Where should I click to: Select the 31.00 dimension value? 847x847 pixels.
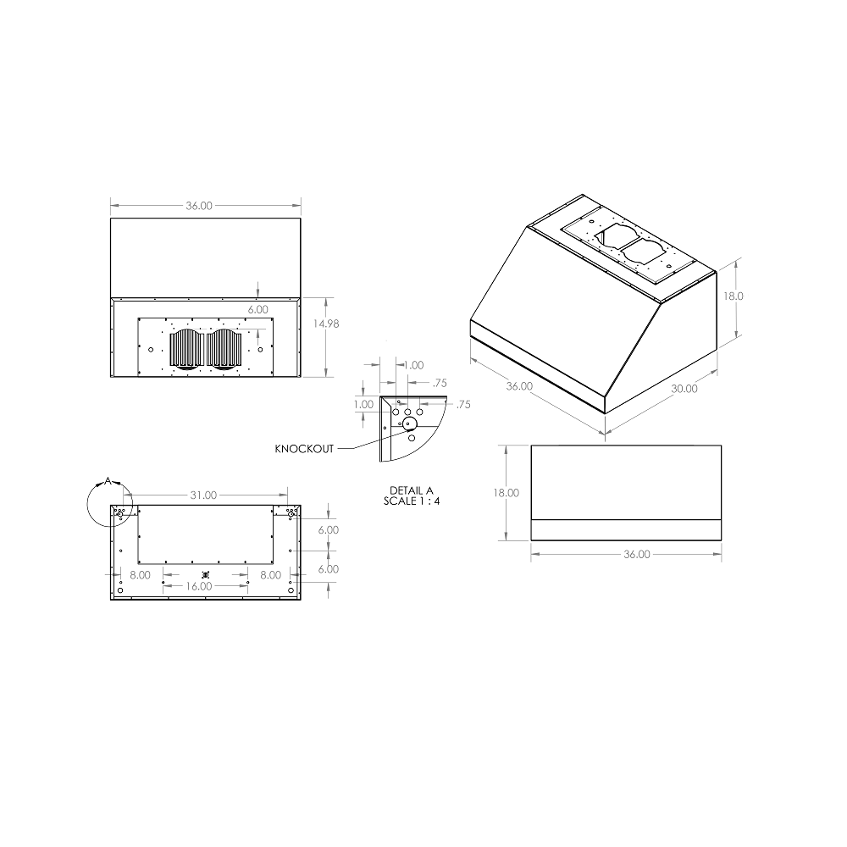203,495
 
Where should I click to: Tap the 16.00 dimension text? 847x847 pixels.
199,586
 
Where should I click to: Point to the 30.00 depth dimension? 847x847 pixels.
684,389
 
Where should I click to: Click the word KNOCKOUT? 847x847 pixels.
304,449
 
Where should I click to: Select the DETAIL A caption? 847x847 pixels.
411,490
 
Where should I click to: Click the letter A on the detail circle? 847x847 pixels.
108,481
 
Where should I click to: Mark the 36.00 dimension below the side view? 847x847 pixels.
636,555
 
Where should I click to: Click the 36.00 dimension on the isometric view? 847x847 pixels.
519,386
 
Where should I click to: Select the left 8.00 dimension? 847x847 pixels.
141,574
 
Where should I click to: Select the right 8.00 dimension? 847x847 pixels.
270,574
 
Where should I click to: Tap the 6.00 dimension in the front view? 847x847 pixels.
258,310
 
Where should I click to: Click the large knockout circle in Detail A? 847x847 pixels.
409,423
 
